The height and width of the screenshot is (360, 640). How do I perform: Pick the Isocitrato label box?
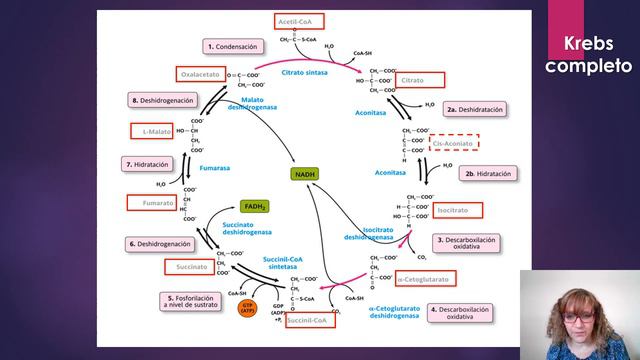click(458, 210)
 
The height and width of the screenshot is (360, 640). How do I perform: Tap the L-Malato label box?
click(153, 131)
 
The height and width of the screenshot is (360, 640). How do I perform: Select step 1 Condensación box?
click(233, 46)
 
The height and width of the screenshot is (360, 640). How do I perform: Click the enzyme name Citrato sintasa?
click(305, 72)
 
